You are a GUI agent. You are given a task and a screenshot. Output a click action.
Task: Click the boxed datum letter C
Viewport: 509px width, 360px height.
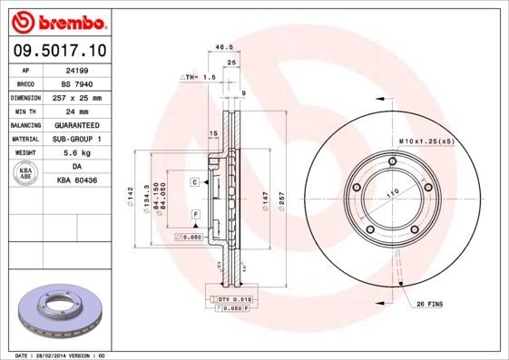coord(194,182)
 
